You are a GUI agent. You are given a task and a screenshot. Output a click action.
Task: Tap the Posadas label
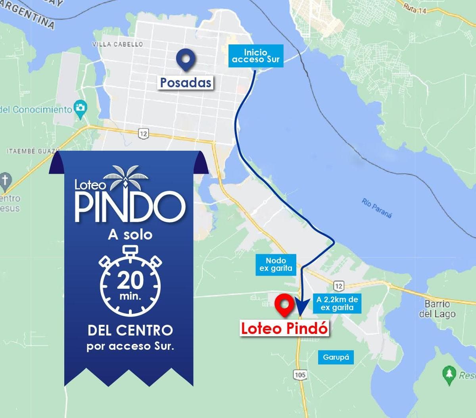click(x=186, y=82)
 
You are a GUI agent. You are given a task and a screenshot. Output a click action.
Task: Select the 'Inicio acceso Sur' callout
click(x=256, y=56)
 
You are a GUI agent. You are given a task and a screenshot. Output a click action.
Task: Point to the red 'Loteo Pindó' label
click(x=284, y=329)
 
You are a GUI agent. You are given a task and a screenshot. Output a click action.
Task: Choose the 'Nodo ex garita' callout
click(x=276, y=265)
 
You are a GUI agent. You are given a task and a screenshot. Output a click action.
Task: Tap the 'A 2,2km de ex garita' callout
click(x=337, y=304)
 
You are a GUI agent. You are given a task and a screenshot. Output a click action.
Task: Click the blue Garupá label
click(x=336, y=357)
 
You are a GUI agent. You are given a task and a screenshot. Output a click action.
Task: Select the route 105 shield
click(x=300, y=374)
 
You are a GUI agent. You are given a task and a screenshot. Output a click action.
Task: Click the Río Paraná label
click(x=376, y=208)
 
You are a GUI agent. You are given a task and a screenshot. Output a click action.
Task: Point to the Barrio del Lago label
click(x=437, y=309)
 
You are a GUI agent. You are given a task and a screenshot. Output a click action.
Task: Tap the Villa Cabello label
click(x=117, y=44)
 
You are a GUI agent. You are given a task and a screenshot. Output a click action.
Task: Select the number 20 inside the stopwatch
click(x=130, y=280)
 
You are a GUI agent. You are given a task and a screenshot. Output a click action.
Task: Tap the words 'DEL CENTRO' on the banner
click(x=130, y=330)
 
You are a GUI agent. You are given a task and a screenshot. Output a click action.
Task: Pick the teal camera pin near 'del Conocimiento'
click(x=81, y=108)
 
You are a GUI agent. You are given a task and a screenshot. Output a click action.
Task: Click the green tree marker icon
click(x=449, y=374)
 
